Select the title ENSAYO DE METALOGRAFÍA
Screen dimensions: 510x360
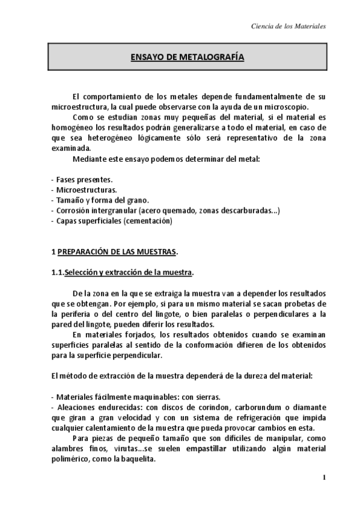[x=188, y=58]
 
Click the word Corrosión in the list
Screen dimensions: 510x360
[x=72, y=210]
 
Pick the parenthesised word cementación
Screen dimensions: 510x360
[x=148, y=221]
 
